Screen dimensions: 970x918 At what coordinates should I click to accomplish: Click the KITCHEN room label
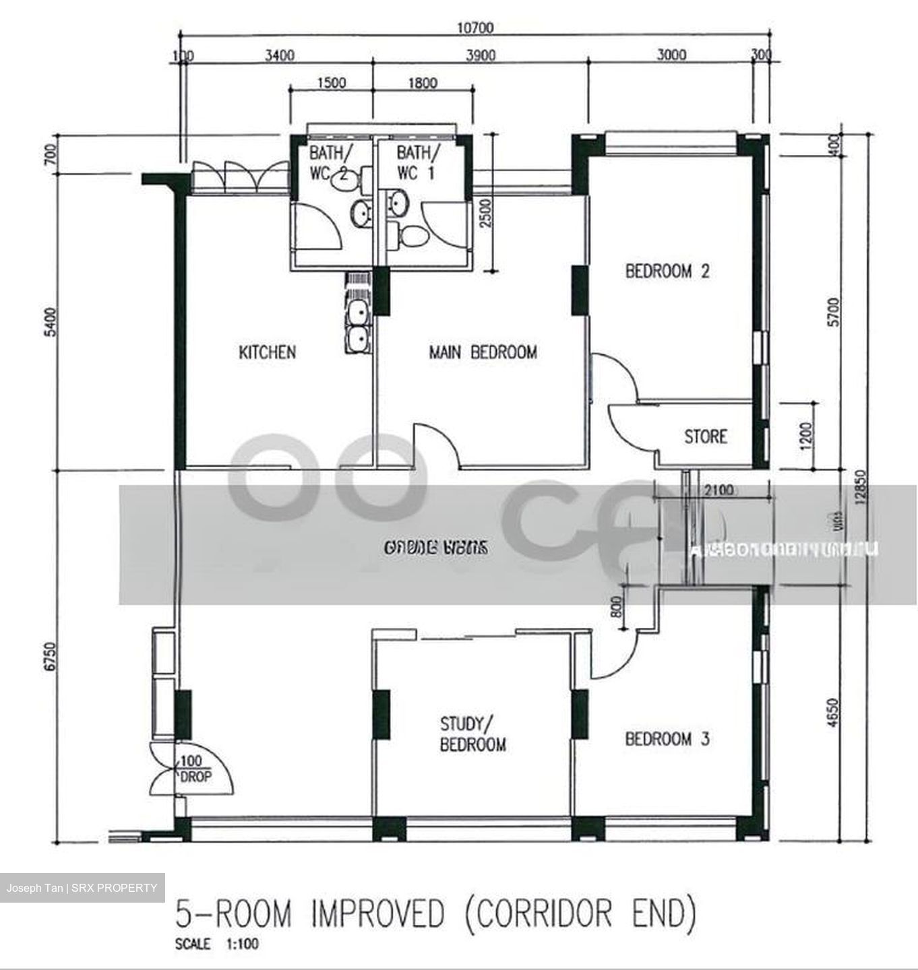coord(267,352)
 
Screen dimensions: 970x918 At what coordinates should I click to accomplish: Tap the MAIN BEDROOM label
coord(483,352)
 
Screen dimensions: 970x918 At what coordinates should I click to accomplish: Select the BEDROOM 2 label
coord(667,271)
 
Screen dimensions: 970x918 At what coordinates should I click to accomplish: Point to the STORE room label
coord(706,437)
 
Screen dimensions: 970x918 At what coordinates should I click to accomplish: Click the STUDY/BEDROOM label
coord(472,734)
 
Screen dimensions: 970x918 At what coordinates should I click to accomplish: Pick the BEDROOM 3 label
coord(667,739)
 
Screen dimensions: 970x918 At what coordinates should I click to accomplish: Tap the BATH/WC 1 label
coord(417,162)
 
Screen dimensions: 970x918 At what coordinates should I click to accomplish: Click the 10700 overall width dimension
coord(475,28)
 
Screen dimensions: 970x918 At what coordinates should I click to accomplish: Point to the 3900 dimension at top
coord(481,55)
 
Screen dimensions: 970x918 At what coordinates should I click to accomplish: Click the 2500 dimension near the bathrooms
coord(487,215)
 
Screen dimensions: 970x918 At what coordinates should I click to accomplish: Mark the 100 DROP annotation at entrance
coord(193,769)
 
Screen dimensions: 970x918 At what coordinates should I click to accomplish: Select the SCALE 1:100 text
coord(216,944)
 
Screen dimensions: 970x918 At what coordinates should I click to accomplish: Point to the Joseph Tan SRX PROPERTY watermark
coord(82,888)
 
